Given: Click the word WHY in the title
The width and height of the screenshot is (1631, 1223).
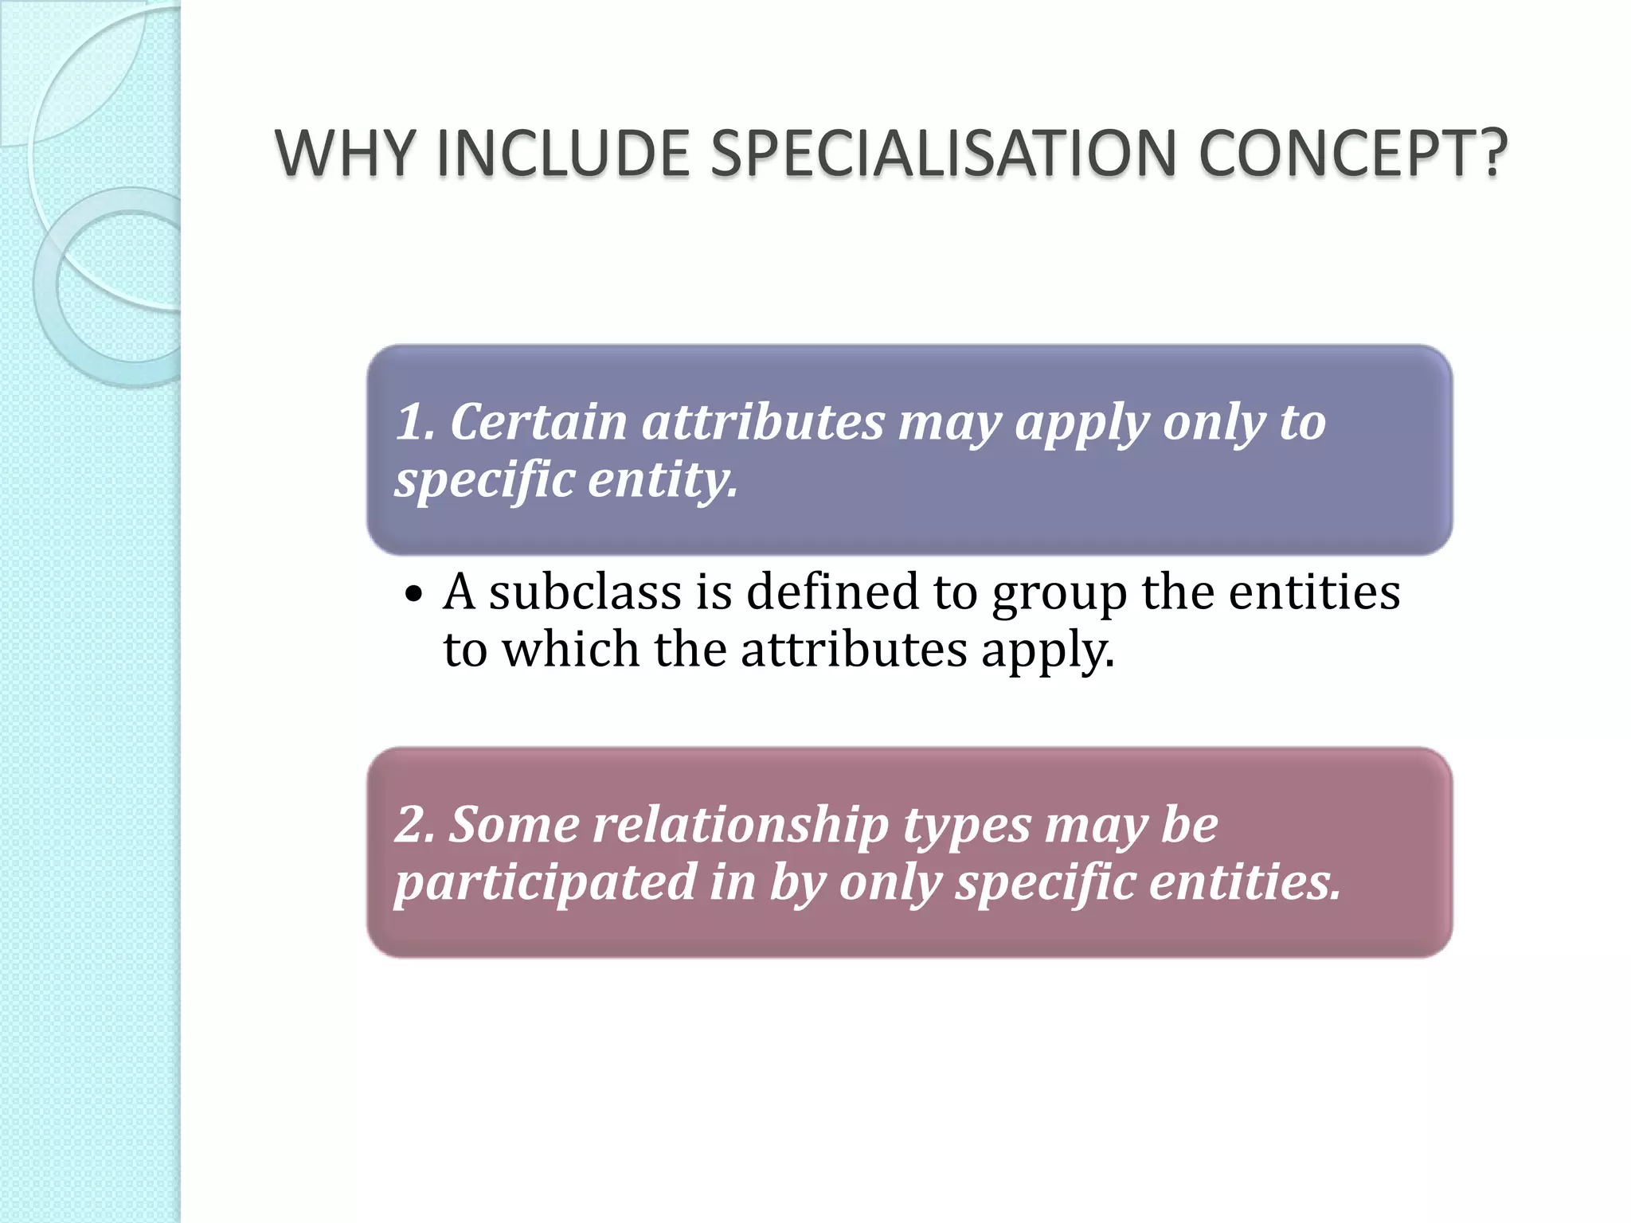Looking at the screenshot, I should [345, 153].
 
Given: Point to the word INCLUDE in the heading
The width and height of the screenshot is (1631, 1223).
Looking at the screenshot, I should [562, 153].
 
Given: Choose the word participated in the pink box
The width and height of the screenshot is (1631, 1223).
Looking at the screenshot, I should [546, 883].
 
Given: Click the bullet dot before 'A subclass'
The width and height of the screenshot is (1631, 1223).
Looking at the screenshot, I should [413, 594].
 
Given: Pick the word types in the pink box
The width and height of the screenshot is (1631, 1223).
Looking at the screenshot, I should [968, 826].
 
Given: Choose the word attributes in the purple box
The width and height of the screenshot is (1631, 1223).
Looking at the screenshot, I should [763, 421].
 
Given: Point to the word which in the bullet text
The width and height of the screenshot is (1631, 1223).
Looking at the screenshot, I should [570, 650].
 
